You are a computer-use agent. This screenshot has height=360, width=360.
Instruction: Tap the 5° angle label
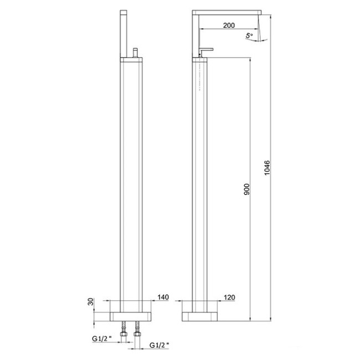(249, 36)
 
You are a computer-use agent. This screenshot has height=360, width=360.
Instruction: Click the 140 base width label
(162, 298)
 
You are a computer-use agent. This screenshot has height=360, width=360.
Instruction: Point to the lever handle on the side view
(206, 48)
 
